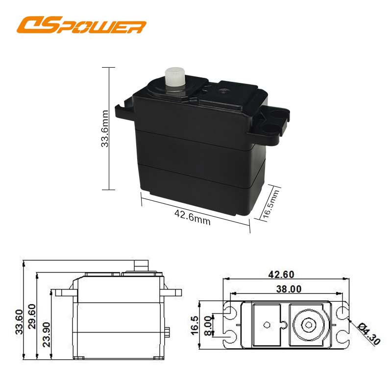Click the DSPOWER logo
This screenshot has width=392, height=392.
81,25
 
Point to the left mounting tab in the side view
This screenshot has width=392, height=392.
65,293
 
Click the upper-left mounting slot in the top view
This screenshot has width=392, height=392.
229,311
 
